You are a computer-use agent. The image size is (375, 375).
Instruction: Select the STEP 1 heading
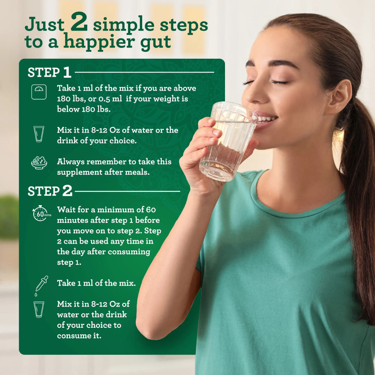(49, 72)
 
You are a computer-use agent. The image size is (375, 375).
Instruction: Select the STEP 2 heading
(50, 191)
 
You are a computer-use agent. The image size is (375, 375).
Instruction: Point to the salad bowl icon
(39, 162)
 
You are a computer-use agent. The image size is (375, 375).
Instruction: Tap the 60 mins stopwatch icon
(40, 213)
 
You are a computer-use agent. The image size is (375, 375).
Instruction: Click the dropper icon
(41, 285)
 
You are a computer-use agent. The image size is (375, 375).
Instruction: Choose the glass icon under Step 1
(39, 134)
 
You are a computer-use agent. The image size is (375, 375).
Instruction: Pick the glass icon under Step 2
(39, 309)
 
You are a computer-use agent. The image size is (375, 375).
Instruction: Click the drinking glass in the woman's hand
(227, 142)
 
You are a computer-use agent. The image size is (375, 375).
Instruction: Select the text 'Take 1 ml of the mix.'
(96, 283)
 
